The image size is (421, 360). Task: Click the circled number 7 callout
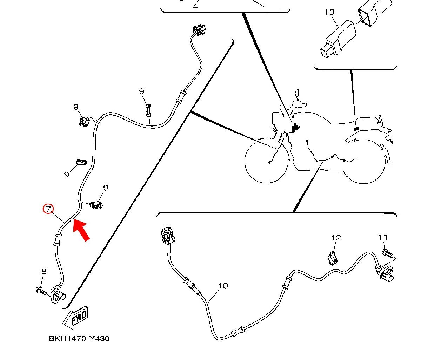click(x=47, y=209)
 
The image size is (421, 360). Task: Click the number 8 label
click(x=44, y=271)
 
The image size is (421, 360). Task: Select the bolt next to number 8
click(x=41, y=291)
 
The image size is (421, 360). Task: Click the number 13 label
click(x=329, y=12)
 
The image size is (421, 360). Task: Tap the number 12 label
click(x=336, y=238)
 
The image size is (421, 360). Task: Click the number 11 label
click(x=383, y=237)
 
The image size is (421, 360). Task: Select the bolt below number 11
click(x=387, y=253)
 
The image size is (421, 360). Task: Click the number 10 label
click(x=223, y=286)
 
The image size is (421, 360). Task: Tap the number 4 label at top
click(x=195, y=6)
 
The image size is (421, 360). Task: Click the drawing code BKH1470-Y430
click(x=79, y=339)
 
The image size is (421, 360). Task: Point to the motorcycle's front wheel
click(x=267, y=161)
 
